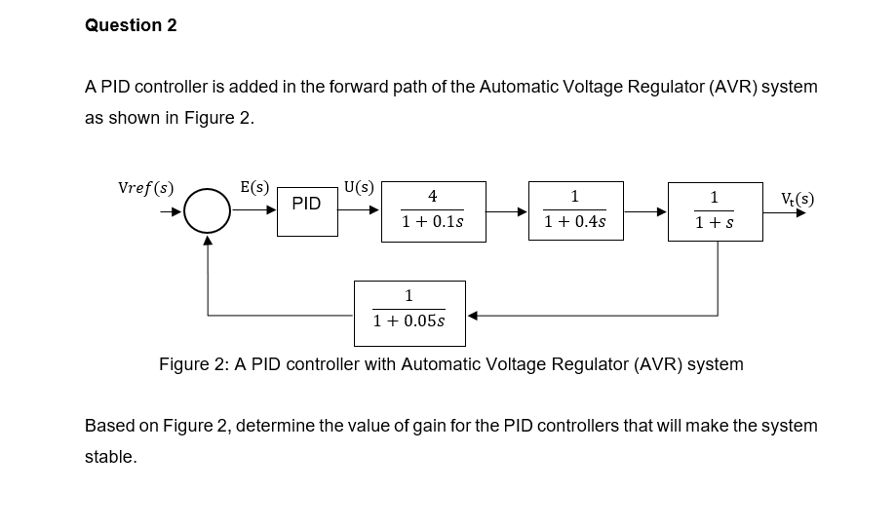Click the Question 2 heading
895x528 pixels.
click(x=131, y=26)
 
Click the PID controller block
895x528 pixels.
click(x=307, y=205)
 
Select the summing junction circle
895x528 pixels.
click(x=207, y=211)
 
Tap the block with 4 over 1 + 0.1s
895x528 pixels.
click(x=432, y=210)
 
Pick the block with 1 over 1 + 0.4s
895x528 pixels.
click(x=575, y=210)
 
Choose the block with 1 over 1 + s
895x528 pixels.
click(x=715, y=211)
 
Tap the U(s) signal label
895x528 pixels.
click(x=359, y=187)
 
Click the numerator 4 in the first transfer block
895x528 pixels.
click(x=432, y=197)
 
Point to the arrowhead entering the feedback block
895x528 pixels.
click(x=472, y=316)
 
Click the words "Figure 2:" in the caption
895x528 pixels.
click(x=193, y=364)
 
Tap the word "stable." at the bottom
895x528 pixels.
click(x=110, y=457)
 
